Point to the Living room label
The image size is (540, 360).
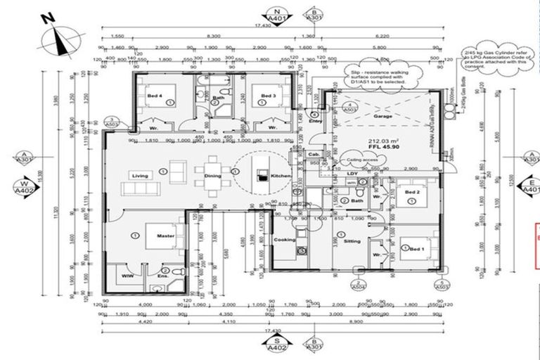tap(139, 175)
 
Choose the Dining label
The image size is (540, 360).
tap(212, 176)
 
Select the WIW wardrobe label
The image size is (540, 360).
tap(127, 276)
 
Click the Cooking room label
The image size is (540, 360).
tap(283, 240)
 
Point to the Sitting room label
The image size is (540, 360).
tap(352, 241)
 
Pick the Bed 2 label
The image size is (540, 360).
tap(413, 192)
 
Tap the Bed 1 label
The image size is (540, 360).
tap(418, 249)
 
